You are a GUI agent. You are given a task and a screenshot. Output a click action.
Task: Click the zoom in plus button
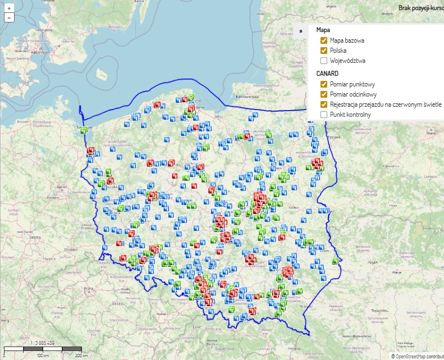[9, 9]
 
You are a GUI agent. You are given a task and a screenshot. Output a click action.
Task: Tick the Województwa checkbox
[324, 61]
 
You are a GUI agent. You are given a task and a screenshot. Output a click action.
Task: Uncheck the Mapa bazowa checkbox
[324, 40]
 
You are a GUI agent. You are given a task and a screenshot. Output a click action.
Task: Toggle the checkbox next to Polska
[324, 51]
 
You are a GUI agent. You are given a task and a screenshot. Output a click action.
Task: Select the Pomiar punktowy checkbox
[324, 84]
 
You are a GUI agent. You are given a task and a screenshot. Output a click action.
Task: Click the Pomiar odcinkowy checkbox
[324, 94]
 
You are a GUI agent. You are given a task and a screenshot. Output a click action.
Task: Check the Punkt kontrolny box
[324, 115]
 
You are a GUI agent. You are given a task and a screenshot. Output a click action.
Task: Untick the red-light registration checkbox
[324, 104]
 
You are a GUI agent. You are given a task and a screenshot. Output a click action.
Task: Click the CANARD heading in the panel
[328, 74]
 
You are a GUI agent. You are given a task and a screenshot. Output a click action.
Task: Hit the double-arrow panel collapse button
[301, 31]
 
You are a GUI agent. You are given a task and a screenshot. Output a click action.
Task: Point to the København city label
[25, 52]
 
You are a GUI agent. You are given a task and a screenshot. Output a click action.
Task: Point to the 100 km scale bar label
[40, 356]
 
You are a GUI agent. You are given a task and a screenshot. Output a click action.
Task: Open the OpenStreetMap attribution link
[418, 356]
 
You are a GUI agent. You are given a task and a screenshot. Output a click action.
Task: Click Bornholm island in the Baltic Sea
[101, 74]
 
